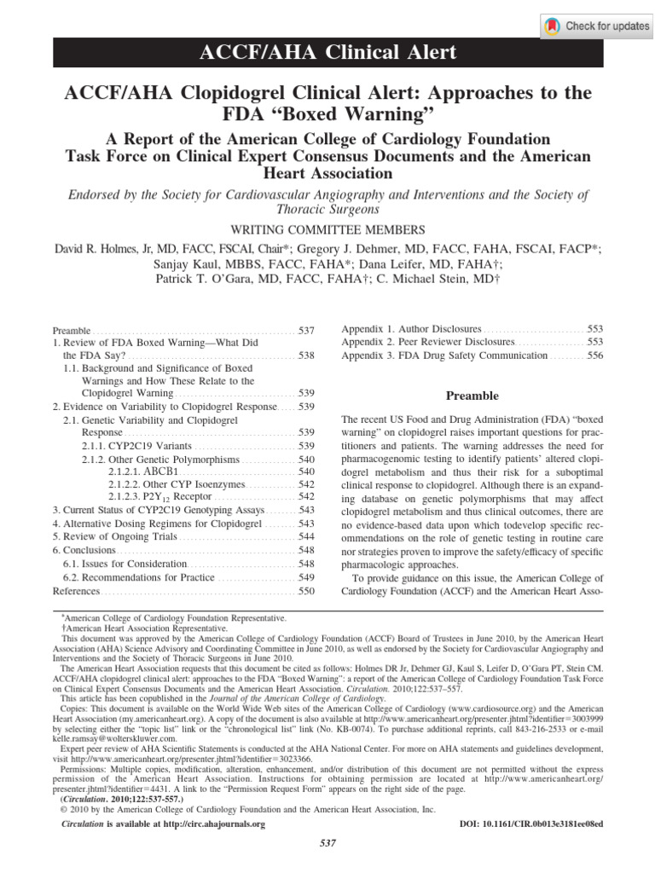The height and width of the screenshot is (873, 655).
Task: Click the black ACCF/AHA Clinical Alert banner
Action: tap(327, 53)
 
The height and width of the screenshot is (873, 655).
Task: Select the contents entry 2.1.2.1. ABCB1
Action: tap(142, 471)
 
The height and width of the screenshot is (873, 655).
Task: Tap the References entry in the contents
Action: tap(77, 591)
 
